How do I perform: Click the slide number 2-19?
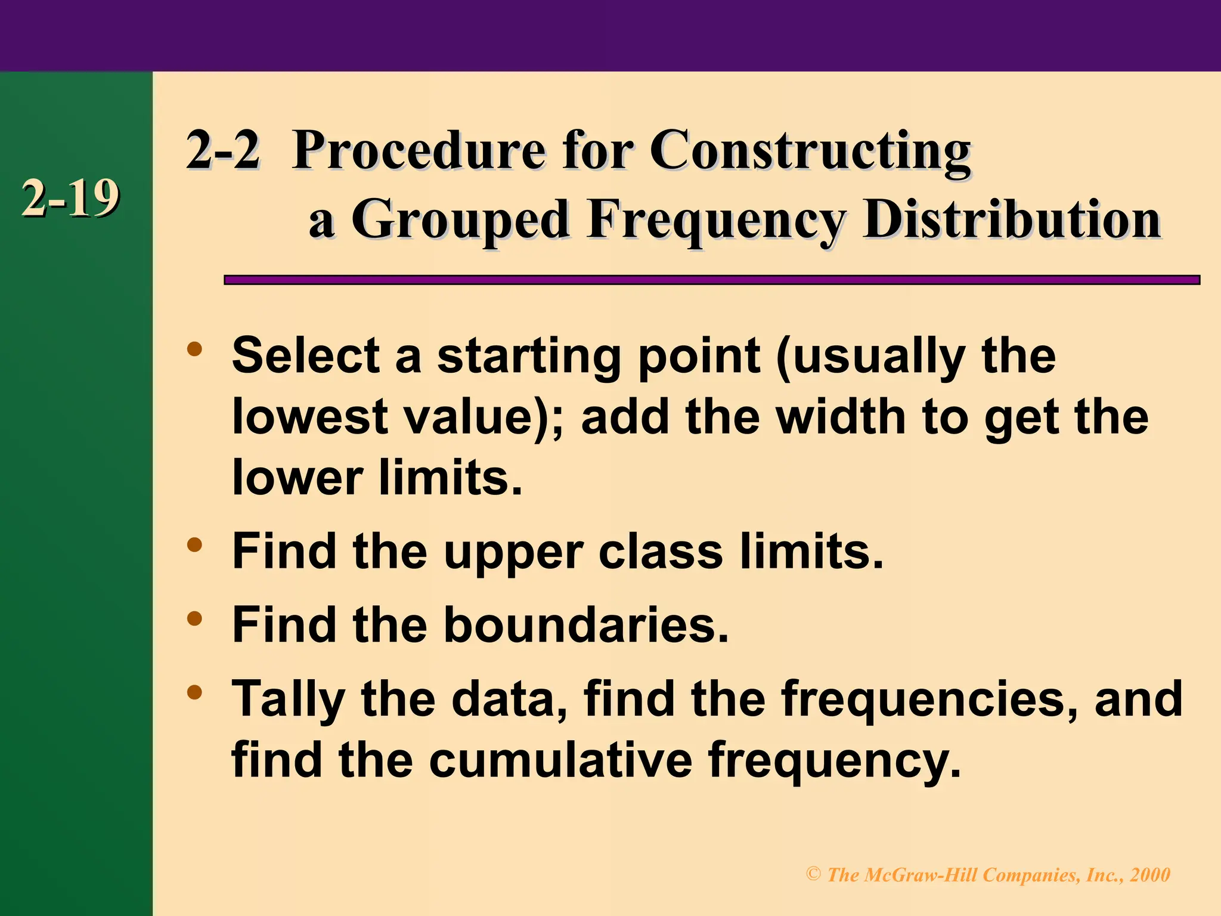pyautogui.click(x=70, y=199)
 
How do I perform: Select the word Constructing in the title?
pyautogui.click(x=810, y=150)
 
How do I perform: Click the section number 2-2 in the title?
pyautogui.click(x=223, y=150)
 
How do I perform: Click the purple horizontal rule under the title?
pyautogui.click(x=711, y=280)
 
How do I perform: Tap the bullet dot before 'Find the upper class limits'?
pyautogui.click(x=194, y=544)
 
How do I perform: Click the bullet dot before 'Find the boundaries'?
pyautogui.click(x=194, y=618)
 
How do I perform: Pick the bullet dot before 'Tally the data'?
pyautogui.click(x=194, y=692)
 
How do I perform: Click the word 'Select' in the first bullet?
pyautogui.click(x=306, y=355)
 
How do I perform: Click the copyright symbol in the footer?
pyautogui.click(x=813, y=874)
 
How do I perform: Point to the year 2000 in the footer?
pyautogui.click(x=1150, y=875)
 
